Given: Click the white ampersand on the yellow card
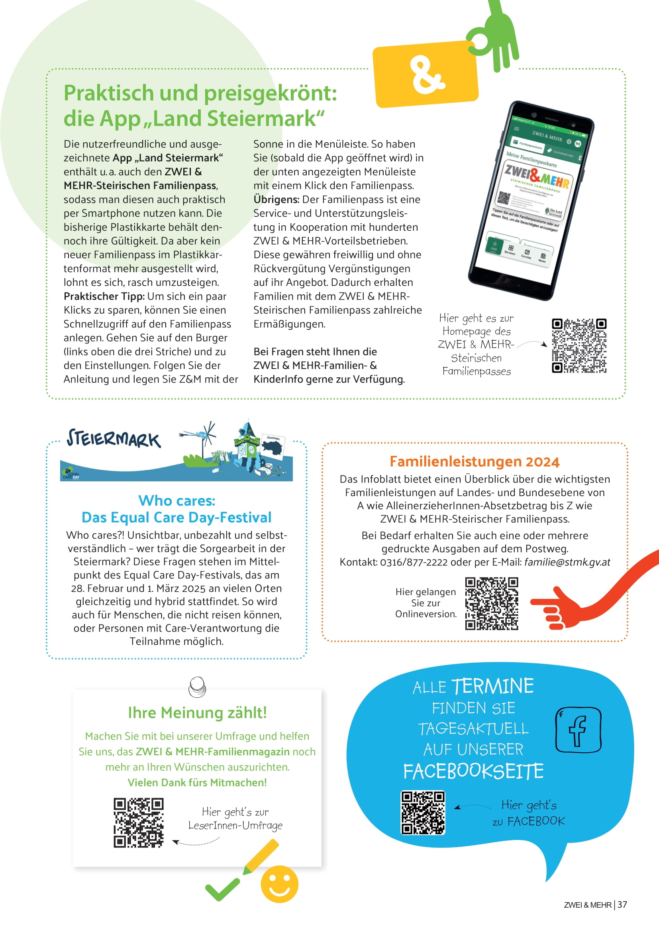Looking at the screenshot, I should tap(426, 75).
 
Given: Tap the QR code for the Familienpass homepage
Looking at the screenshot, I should tap(579, 345).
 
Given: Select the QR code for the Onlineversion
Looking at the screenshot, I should tap(491, 603).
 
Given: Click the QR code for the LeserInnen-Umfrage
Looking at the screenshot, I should tap(138, 823).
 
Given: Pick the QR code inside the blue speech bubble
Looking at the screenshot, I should tap(423, 812).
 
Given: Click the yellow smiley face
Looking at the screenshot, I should tap(279, 884).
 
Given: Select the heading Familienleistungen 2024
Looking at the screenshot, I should tap(475, 461).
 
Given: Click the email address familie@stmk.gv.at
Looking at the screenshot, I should tap(567, 562).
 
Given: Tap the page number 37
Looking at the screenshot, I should tap(622, 905).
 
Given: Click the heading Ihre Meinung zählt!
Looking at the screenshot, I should tap(197, 712).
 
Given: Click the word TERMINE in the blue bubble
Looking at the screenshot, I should tap(492, 687).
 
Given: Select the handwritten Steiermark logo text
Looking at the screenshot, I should tap(113, 439).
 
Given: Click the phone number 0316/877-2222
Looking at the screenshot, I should tap(414, 562).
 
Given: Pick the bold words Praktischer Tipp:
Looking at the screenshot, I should tap(104, 296).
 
